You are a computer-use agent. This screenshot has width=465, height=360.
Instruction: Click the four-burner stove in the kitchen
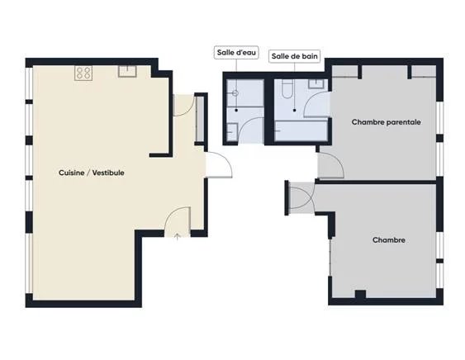pos(83,73)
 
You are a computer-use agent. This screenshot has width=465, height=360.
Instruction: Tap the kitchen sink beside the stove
pos(127,72)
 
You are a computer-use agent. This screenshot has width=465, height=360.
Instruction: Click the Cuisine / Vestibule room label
pos(92,173)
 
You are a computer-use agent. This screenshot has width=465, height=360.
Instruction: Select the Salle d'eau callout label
pos(236,53)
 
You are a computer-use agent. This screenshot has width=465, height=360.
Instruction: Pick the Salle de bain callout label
pos(295,56)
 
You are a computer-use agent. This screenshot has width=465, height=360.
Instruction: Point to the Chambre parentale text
pos(386,122)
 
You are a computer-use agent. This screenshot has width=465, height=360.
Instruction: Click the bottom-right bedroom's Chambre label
pos(389,240)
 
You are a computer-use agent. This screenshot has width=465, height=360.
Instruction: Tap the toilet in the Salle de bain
pos(287,88)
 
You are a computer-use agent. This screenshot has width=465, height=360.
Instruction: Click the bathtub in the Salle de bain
pos(301,130)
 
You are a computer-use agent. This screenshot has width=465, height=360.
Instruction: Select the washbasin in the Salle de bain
pos(318,84)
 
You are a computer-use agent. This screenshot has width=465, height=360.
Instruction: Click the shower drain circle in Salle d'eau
pos(235,93)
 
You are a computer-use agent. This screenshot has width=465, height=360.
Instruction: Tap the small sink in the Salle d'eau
pos(232,132)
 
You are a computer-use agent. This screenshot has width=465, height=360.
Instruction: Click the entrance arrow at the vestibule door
pos(178,236)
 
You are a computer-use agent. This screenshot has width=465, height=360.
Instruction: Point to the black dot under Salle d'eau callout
pos(236,111)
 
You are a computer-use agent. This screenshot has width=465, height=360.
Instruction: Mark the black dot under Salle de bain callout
pos(295,111)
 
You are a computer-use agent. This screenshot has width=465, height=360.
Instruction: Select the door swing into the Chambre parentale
pos(331,165)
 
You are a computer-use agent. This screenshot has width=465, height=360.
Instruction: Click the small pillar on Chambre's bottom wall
pos(360,294)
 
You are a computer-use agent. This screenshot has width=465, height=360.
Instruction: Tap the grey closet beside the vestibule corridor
pos(200,119)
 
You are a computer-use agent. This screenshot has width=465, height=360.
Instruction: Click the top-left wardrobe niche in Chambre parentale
pos(344,72)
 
